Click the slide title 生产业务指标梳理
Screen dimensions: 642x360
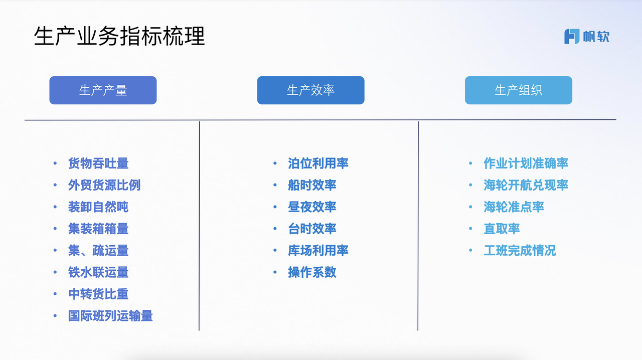119,36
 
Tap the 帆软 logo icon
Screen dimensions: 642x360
572,37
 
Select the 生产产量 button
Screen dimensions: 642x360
103,90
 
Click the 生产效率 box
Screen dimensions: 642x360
310,90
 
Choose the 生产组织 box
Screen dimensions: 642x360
519,90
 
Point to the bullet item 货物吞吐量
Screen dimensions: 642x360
98,163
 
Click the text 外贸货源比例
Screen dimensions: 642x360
104,185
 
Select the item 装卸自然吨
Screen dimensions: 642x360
98,207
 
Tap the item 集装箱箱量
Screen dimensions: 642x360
98,229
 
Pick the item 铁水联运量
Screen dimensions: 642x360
98,272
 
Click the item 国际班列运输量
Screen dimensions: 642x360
110,316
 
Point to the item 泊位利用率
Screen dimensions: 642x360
318,163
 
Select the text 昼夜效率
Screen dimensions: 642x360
312,207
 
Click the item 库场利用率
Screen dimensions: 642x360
318,251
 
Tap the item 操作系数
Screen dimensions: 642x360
312,272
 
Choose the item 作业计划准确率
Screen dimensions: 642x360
526,163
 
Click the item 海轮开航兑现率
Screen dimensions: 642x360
526,185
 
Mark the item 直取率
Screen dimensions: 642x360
502,229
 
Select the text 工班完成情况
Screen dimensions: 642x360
520,251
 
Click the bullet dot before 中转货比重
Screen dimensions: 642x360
55,294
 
